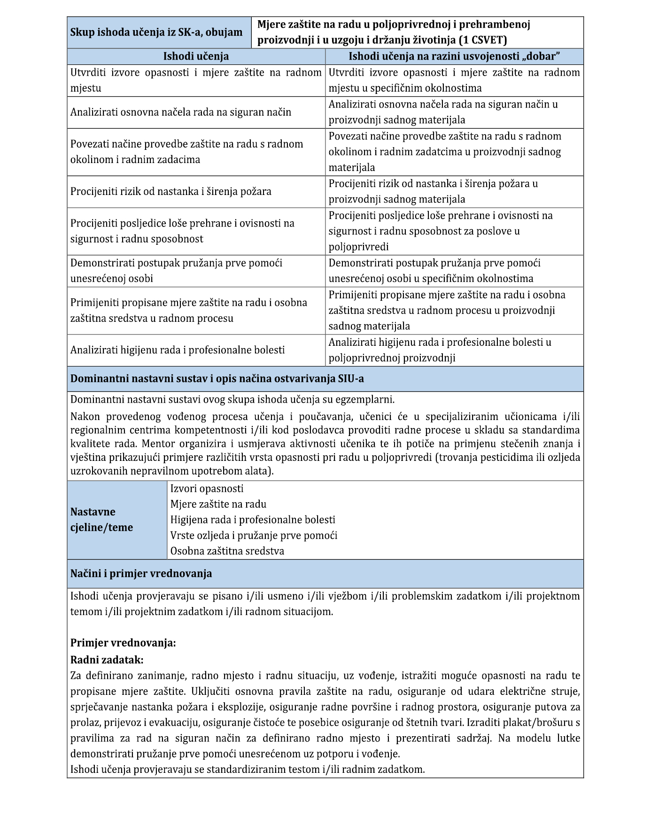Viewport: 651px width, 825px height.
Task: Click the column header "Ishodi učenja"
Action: click(x=196, y=56)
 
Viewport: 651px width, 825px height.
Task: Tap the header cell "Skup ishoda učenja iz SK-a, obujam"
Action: click(x=156, y=32)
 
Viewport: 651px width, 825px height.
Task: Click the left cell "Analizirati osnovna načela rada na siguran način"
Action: click(x=181, y=112)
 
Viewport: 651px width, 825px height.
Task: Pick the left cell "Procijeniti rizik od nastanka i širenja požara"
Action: click(x=171, y=192)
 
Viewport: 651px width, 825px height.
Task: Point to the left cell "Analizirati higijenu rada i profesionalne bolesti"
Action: click(x=178, y=350)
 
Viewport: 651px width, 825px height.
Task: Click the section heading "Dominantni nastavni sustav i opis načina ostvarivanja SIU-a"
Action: click(x=217, y=379)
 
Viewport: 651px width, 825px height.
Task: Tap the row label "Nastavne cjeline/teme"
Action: click(x=101, y=520)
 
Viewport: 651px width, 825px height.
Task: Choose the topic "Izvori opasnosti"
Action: click(x=207, y=489)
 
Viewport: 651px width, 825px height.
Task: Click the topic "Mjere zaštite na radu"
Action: click(x=218, y=504)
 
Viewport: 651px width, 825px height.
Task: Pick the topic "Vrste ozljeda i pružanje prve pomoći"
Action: click(x=254, y=535)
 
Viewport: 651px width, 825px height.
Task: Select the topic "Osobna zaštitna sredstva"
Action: click(x=227, y=551)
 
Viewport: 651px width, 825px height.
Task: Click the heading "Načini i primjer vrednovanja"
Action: click(x=141, y=574)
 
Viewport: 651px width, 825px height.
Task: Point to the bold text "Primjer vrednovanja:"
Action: click(x=123, y=643)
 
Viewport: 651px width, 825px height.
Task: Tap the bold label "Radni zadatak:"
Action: click(x=107, y=660)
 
